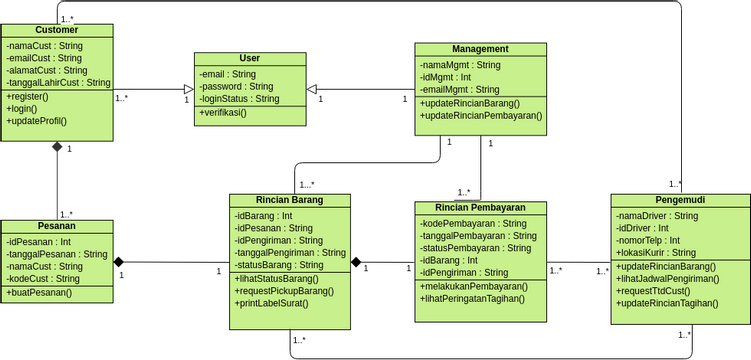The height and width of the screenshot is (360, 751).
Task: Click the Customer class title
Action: tap(57, 30)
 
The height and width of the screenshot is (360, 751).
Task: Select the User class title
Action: tap(250, 59)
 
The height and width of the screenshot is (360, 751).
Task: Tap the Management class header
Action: tap(480, 49)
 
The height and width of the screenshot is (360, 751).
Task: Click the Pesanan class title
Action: tap(57, 226)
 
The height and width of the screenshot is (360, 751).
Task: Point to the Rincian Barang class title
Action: tap(289, 200)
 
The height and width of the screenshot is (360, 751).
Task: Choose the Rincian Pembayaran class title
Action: tap(480, 208)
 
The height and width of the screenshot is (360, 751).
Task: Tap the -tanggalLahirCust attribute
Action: tap(57, 83)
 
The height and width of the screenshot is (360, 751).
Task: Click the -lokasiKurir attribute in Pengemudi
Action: tap(656, 253)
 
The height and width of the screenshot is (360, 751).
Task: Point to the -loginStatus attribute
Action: tap(239, 99)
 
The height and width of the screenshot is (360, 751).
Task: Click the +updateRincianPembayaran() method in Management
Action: tap(480, 116)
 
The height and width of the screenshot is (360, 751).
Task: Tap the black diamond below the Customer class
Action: tap(57, 148)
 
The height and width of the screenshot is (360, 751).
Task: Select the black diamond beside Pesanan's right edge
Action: tap(120, 262)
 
